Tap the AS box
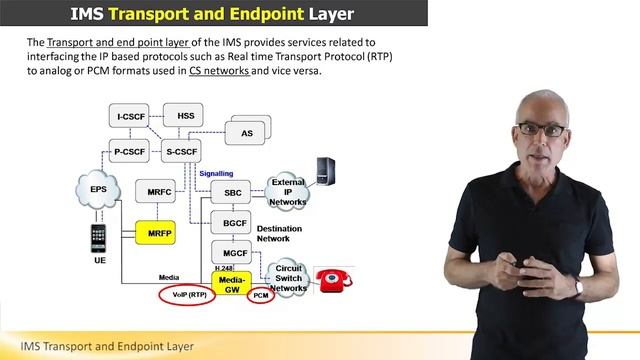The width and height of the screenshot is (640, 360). pos(246,132)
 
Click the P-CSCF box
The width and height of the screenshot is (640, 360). pos(131,152)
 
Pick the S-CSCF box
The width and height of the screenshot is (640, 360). pos(182,152)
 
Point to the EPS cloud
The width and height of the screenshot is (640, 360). pos(97,188)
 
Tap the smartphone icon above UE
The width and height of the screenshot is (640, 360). pos(97,240)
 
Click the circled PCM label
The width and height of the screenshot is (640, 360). pos(261,296)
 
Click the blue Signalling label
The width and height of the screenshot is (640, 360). pos(216,172)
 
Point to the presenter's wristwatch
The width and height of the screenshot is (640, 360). pos(578,287)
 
